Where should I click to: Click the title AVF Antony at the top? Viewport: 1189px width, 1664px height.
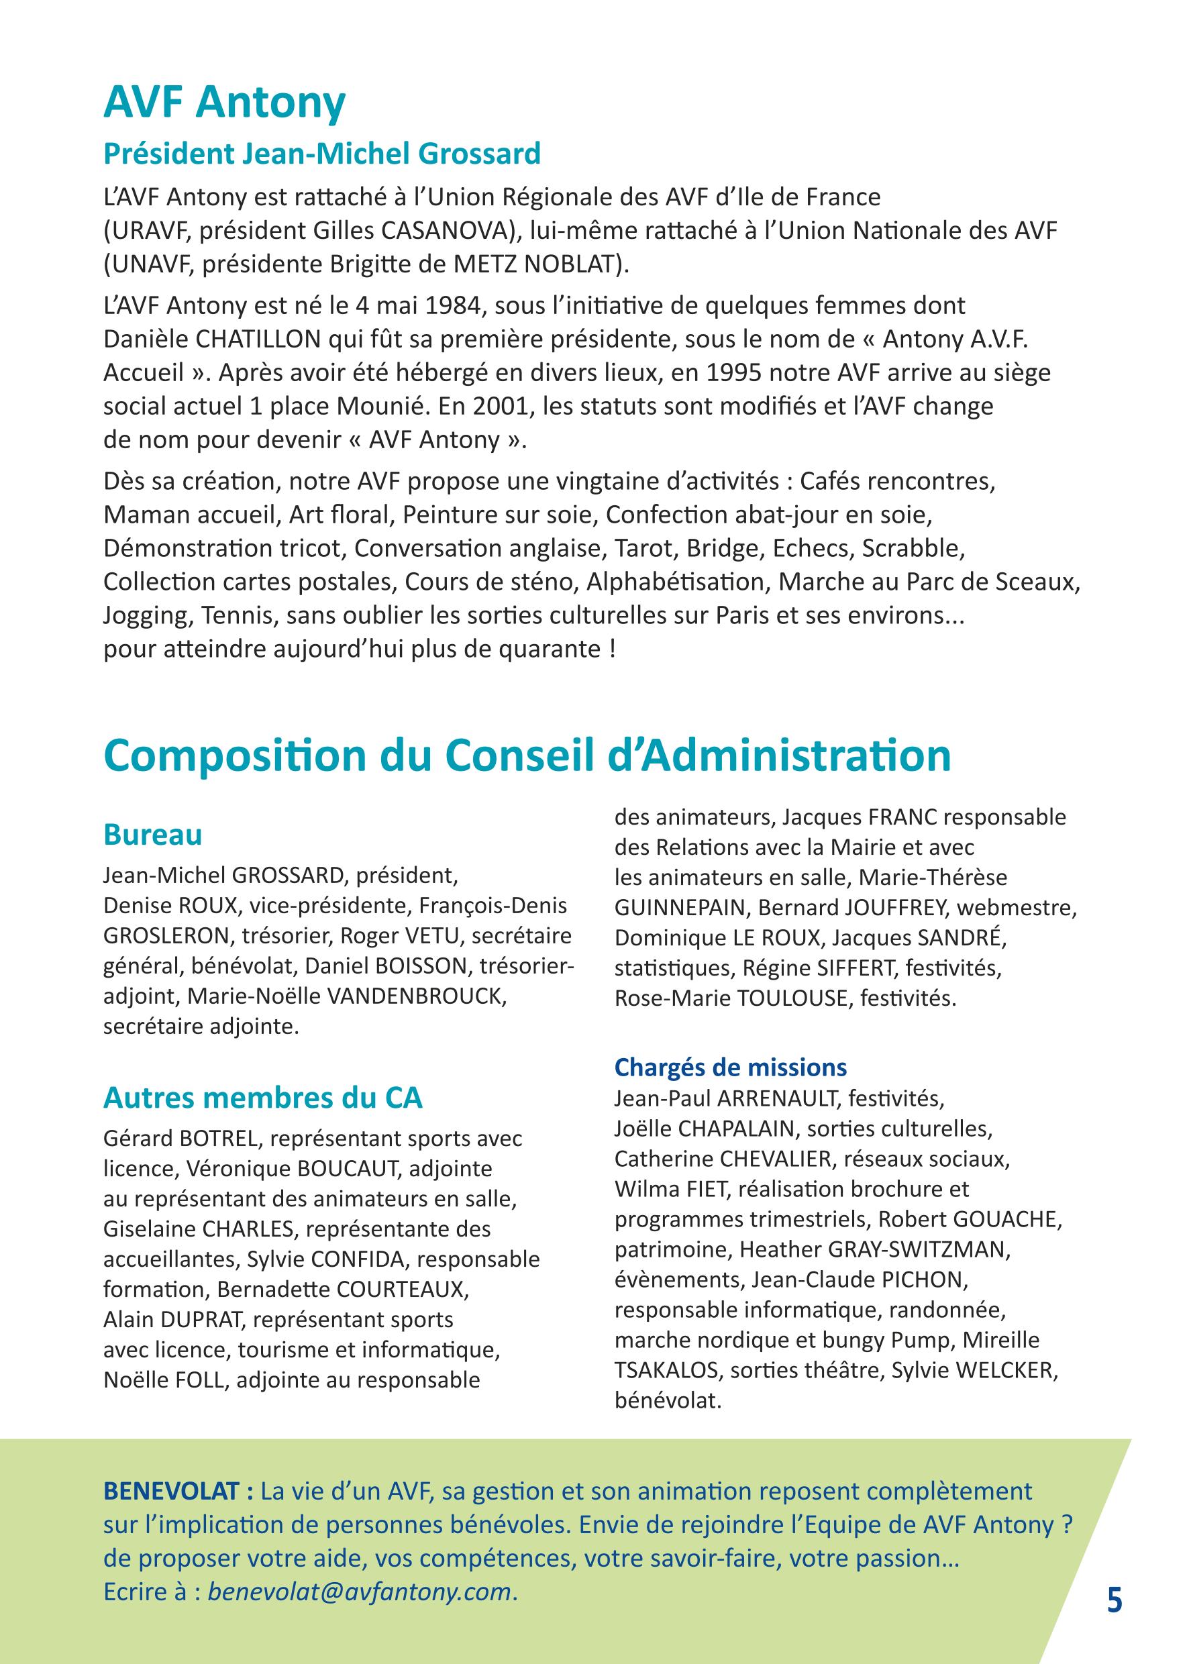coord(224,103)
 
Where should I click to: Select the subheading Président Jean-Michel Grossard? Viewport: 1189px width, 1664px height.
coord(322,154)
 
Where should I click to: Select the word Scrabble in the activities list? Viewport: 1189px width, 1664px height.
coord(913,548)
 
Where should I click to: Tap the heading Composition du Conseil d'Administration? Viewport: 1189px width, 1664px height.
coord(527,756)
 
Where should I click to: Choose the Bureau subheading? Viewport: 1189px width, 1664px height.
coord(153,835)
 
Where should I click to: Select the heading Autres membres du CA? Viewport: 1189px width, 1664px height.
coord(263,1098)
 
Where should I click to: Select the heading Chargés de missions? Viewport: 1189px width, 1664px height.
coord(731,1068)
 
